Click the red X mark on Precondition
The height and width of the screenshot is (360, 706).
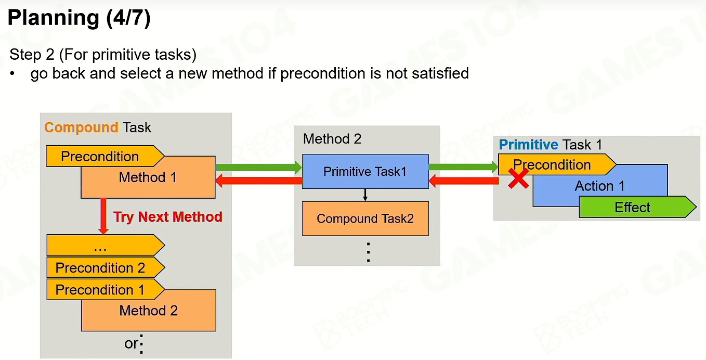[518, 178]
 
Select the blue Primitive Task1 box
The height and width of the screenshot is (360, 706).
[365, 171]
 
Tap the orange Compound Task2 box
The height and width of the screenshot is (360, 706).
[365, 218]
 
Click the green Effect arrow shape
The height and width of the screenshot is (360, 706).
[637, 207]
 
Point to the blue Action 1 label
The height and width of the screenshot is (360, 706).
[600, 186]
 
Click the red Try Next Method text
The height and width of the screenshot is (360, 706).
[168, 217]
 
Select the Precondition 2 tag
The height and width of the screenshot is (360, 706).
[106, 267]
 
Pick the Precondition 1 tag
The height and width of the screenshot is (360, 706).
[106, 289]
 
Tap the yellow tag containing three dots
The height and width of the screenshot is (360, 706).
[106, 245]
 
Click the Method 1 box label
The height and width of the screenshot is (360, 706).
[148, 177]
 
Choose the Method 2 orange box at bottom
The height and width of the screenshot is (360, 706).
[149, 311]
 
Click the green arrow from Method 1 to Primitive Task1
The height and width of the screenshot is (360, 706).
[259, 167]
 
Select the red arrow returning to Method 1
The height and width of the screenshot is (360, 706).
[259, 181]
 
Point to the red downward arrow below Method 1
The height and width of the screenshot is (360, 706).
[103, 216]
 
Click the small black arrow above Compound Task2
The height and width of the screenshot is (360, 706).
[365, 195]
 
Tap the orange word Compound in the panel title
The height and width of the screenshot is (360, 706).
[81, 127]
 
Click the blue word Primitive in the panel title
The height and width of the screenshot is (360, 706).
[528, 145]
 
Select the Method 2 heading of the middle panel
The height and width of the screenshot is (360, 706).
[332, 139]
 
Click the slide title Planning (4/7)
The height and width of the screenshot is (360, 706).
[79, 18]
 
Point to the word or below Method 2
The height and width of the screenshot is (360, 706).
[131, 343]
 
